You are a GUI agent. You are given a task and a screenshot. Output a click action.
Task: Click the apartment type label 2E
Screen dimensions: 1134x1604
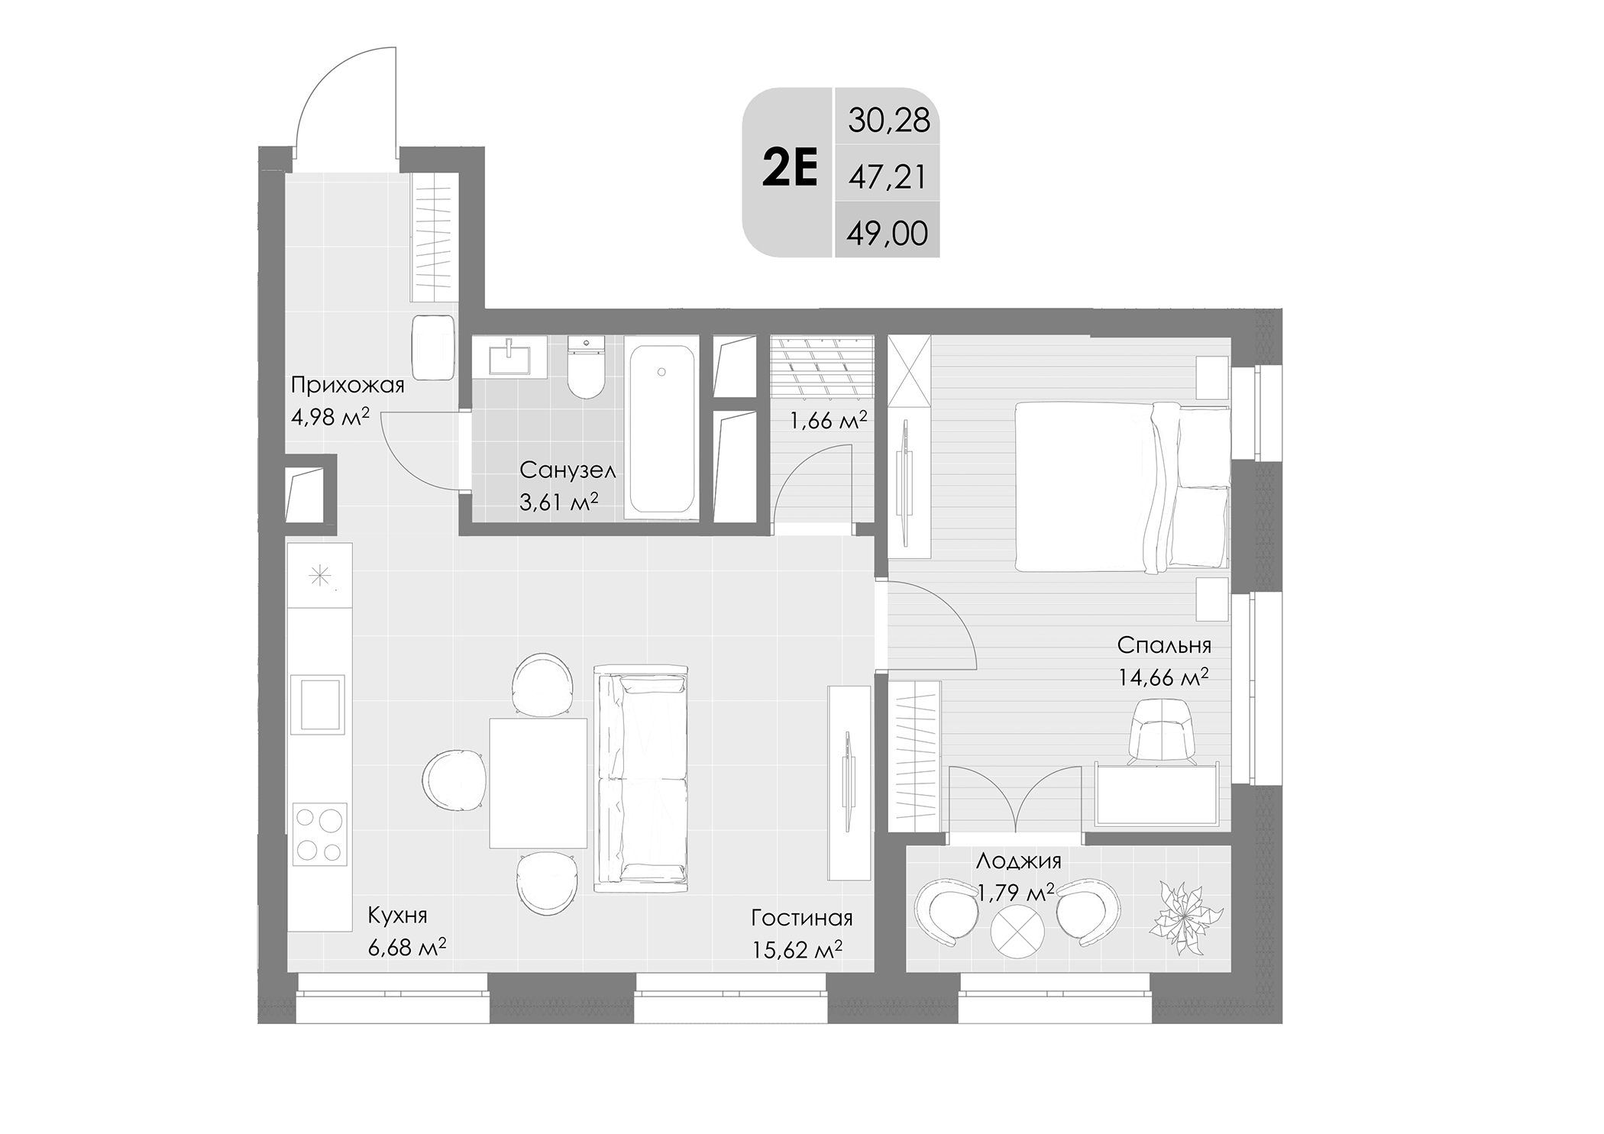point(790,171)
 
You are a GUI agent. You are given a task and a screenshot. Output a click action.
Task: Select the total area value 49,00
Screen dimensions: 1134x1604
point(887,233)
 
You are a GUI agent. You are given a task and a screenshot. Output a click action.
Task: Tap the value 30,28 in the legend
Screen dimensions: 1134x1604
point(888,121)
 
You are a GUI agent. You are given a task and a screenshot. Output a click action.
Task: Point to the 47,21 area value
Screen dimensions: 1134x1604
point(887,177)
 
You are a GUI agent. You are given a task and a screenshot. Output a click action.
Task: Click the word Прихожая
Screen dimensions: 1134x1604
point(348,385)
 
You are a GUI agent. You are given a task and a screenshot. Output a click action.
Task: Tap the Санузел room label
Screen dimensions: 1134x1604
point(567,470)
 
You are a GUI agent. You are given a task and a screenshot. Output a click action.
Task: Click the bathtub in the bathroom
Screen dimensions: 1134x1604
point(661,428)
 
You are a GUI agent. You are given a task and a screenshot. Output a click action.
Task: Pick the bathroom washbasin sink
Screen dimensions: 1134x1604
point(509,357)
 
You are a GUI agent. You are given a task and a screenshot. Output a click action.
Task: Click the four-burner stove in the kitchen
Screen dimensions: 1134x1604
point(320,834)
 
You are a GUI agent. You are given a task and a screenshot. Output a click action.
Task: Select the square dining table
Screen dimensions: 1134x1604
point(538,783)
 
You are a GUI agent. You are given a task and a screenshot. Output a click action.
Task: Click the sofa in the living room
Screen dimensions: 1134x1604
point(642,778)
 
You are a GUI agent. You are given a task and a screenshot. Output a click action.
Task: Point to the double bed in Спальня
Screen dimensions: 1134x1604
point(1121,487)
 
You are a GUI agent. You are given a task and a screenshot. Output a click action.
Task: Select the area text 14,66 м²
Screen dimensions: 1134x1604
point(1163,677)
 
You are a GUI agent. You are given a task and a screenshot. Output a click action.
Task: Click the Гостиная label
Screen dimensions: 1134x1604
point(801,917)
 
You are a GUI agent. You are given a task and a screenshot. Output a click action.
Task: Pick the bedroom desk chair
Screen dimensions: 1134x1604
point(1160,732)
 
